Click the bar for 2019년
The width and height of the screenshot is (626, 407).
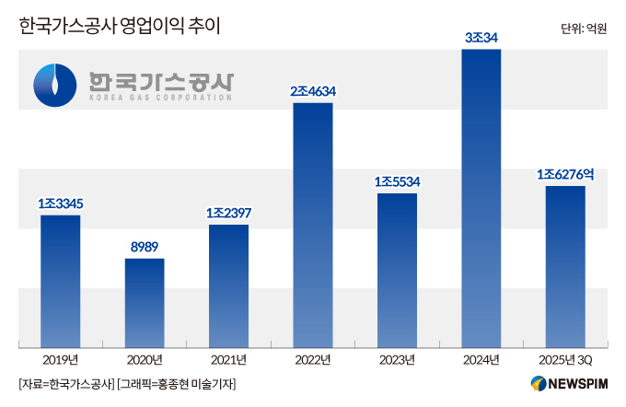coord(60,281)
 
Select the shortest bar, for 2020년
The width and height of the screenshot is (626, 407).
coord(145,302)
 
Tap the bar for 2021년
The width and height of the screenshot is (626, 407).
coord(228,285)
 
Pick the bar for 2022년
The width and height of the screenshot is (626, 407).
coord(313,225)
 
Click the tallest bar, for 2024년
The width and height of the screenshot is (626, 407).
coord(481,198)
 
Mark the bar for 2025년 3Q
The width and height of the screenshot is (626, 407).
coord(565,266)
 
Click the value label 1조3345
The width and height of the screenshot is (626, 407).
coord(60,203)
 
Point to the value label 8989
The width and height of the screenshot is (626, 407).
coord(145,246)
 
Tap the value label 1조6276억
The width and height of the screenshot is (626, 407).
coord(565,173)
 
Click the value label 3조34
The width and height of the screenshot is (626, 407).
coord(481,37)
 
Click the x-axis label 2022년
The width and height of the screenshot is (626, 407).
coord(313,359)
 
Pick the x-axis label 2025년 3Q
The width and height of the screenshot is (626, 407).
coord(565,359)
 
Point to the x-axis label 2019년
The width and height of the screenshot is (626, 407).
coord(60,359)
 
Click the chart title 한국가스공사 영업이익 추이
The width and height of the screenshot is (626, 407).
coord(120,28)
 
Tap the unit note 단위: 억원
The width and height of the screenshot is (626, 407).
coord(583,29)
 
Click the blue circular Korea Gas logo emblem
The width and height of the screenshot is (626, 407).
coord(56,86)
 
